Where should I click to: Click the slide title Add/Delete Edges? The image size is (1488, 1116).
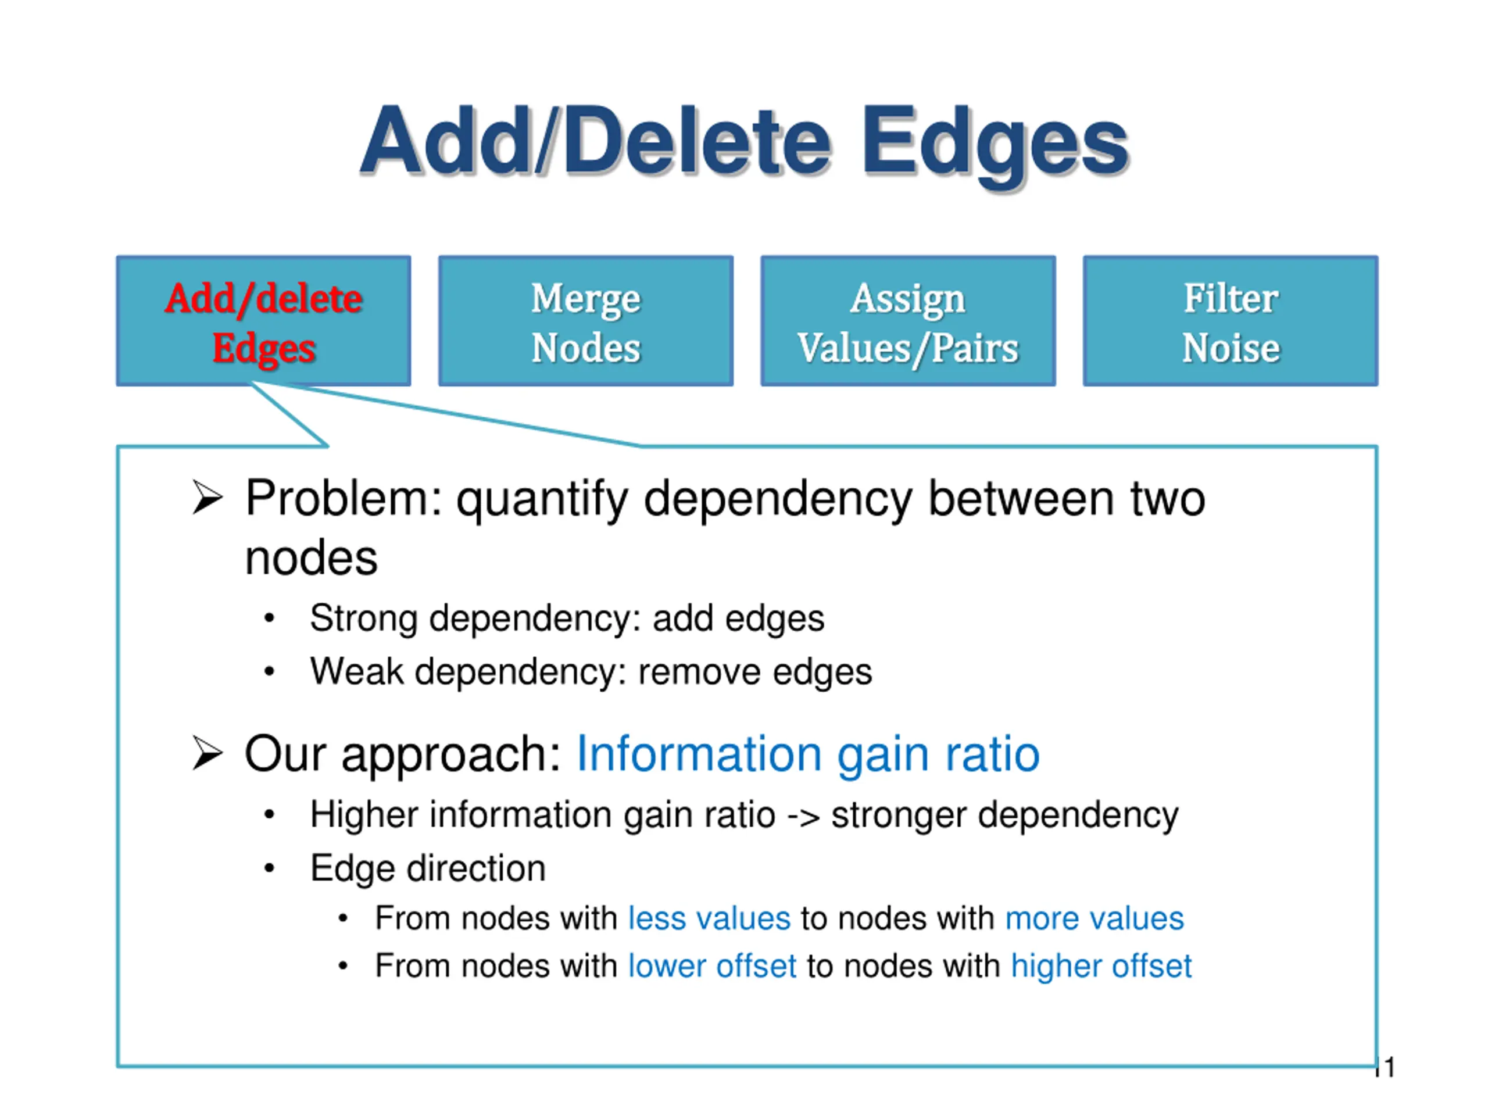tap(744, 142)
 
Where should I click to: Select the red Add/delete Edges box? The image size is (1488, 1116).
tap(264, 321)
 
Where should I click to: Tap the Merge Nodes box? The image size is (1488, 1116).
tap(585, 321)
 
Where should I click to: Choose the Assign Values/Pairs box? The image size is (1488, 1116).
tap(907, 321)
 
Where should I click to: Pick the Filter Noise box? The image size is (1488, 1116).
tap(1230, 321)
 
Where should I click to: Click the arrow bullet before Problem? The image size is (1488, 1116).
tap(206, 498)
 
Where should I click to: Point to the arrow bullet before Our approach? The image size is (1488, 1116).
tap(206, 753)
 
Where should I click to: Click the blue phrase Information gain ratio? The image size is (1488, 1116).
tap(808, 754)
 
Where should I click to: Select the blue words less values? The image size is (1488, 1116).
tap(709, 919)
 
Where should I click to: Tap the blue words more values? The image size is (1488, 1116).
tap(1094, 919)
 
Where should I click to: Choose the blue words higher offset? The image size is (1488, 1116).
tap(1101, 967)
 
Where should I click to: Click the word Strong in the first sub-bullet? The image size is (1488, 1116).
tap(364, 619)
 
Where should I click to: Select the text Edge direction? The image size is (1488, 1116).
tap(428, 868)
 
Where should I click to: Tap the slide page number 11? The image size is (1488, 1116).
tap(1385, 1068)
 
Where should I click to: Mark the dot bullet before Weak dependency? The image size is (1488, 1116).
tap(270, 671)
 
